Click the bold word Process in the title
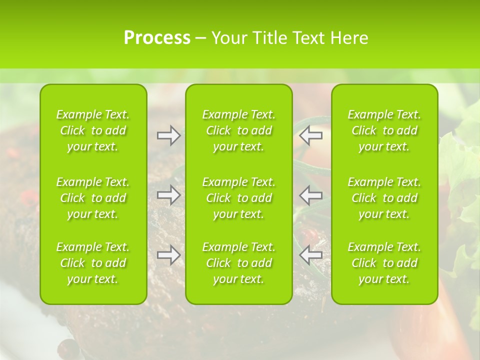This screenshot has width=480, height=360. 157,38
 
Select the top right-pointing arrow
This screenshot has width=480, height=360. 168,135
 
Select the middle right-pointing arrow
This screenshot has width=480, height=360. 168,195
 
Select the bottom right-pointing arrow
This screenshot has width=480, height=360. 168,255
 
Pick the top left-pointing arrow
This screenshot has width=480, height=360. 311,135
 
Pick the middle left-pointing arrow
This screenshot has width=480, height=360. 311,195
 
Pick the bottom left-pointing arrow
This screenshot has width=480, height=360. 311,255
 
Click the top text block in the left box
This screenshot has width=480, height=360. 93,130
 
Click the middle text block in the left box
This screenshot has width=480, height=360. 93,198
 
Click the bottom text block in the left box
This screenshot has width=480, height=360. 93,263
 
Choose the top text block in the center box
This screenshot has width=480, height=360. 238,130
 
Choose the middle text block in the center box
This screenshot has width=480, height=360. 238,198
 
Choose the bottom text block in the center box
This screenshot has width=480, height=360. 238,263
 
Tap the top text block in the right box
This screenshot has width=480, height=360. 384,130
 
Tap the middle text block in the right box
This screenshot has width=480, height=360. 384,198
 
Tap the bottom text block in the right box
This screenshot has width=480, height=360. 384,263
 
